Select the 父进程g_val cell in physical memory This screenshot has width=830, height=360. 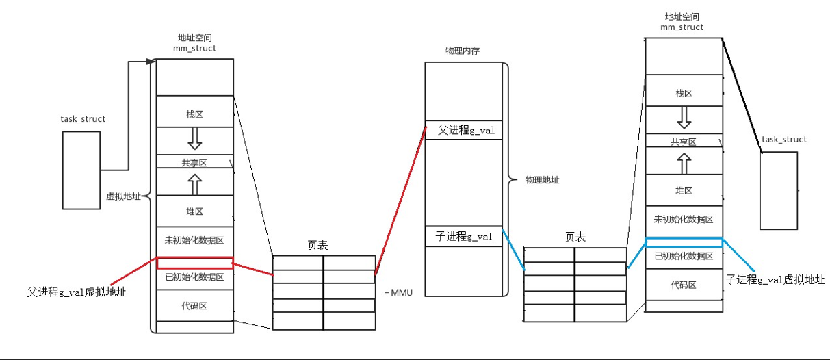pyautogui.click(x=463, y=130)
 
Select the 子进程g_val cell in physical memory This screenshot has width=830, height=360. pyautogui.click(x=463, y=236)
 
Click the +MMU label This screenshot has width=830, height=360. pyautogui.click(x=398, y=292)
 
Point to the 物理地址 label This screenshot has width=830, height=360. pyautogui.click(x=542, y=180)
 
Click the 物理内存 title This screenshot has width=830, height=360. pyautogui.click(x=463, y=51)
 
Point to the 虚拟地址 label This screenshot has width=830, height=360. pyautogui.click(x=123, y=196)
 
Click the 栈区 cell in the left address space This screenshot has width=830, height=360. pyautogui.click(x=195, y=112)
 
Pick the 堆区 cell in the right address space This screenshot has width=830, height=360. pyautogui.click(x=684, y=190)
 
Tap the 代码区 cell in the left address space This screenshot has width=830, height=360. pyautogui.click(x=195, y=305)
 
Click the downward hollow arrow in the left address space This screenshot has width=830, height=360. pyautogui.click(x=195, y=138)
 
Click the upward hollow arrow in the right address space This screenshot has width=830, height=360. pyautogui.click(x=684, y=164)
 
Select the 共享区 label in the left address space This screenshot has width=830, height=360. pyautogui.click(x=194, y=163)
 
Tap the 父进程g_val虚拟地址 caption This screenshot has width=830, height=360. pyautogui.click(x=77, y=292)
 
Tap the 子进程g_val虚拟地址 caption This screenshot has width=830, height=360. pyautogui.click(x=775, y=279)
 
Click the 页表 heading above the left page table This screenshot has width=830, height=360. pyautogui.click(x=317, y=245)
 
